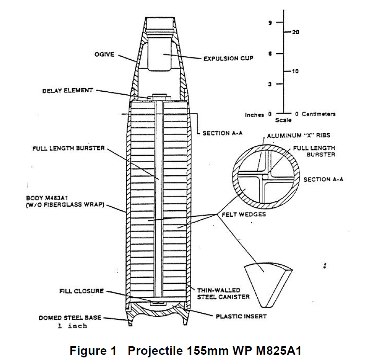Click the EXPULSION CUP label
tap(228, 58)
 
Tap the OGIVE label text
tap(104, 55)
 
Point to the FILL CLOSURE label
tap(81, 291)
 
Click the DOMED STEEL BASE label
tap(70, 318)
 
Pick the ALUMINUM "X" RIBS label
tap(298, 135)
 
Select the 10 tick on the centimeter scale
tap(296, 71)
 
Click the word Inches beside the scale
tap(255, 115)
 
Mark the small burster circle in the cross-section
tap(265, 177)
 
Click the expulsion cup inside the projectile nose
tap(163, 55)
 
